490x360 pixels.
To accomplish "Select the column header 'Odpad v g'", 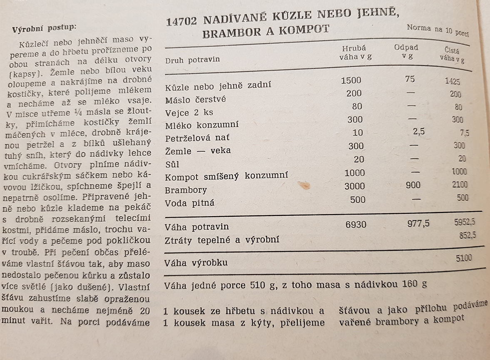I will point(406,52).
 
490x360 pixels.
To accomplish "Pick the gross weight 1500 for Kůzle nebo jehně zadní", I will point(351,80).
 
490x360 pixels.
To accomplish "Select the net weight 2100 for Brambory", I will point(460,185).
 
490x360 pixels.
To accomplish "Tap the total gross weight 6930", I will point(356,225).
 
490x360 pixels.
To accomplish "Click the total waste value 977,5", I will point(418,223).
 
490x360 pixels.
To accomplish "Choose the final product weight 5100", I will point(463,258).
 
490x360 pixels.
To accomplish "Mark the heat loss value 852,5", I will point(468,235).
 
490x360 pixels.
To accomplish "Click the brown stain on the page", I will point(304,185).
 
